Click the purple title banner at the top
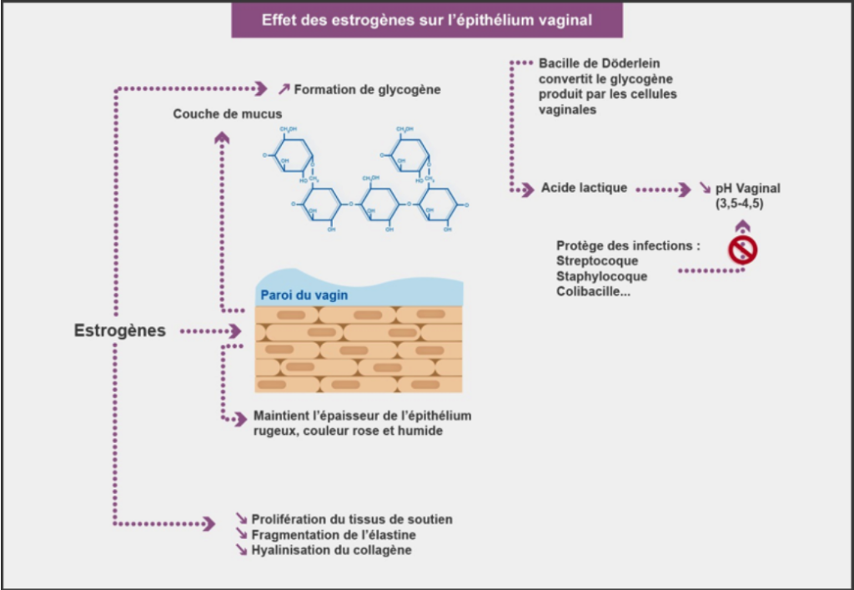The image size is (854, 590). click(x=427, y=20)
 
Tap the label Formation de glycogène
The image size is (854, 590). click(x=367, y=88)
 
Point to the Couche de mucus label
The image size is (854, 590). click(x=228, y=113)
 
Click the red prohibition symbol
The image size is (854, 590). click(x=742, y=250)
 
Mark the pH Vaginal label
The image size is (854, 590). click(x=747, y=189)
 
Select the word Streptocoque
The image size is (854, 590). click(x=596, y=261)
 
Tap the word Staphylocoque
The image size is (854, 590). click(x=601, y=276)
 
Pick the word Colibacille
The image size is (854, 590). click(x=593, y=291)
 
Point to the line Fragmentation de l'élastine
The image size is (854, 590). click(x=334, y=535)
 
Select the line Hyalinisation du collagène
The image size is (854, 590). click(x=331, y=551)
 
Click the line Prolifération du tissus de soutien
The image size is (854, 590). click(x=352, y=519)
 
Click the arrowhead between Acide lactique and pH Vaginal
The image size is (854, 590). click(x=685, y=189)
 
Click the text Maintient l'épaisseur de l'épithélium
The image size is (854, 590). click(x=361, y=416)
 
